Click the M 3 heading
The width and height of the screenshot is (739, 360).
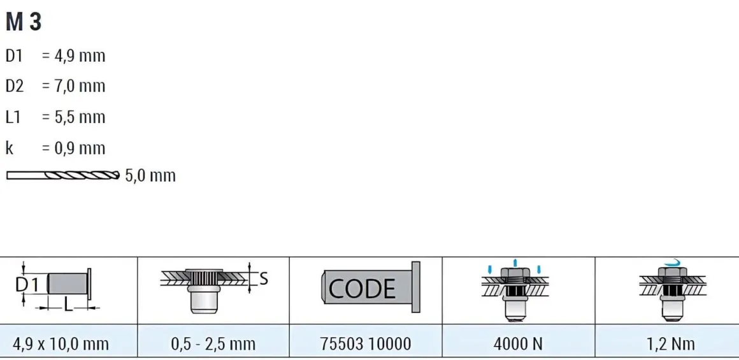[x=24, y=22]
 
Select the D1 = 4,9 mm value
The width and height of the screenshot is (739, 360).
[x=73, y=57]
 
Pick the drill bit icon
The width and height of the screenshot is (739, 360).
[x=62, y=175]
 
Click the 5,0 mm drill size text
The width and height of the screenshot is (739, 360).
[x=150, y=176]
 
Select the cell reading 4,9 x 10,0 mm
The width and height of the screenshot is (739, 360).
[x=69, y=343]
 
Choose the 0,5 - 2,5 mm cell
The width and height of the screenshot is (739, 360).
[x=213, y=343]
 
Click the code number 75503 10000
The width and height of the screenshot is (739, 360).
[x=365, y=343]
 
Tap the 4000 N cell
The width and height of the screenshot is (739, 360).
[x=518, y=343]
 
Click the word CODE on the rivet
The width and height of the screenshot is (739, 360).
[x=362, y=289]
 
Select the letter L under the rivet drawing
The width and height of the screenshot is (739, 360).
[x=69, y=306]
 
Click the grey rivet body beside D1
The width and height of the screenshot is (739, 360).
[x=68, y=284]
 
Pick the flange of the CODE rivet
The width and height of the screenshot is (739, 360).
[x=415, y=287]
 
